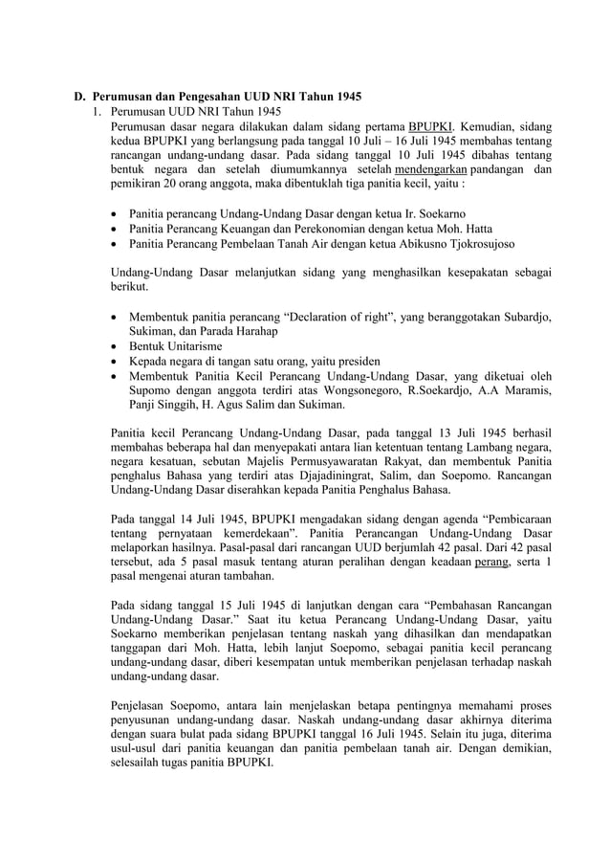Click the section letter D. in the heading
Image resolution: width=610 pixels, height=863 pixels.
(82, 97)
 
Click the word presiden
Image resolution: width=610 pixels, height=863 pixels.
(356, 362)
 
